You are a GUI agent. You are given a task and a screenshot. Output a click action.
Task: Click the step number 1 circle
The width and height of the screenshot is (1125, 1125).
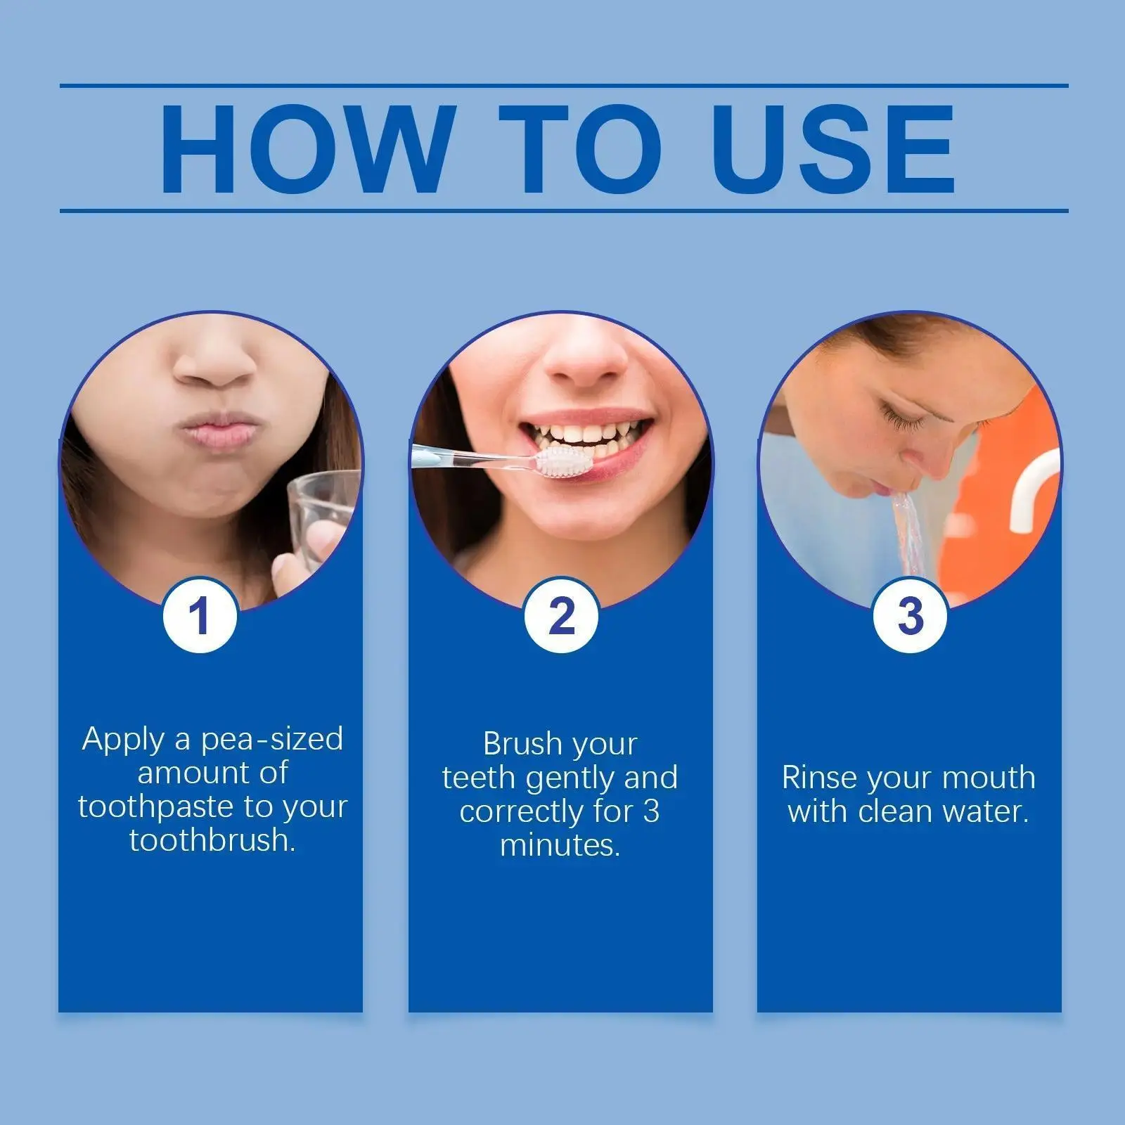coord(200,615)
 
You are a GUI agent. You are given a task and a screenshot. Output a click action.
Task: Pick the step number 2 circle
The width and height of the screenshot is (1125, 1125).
coord(561,615)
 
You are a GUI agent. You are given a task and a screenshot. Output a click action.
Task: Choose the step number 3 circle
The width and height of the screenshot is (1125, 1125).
coord(910,615)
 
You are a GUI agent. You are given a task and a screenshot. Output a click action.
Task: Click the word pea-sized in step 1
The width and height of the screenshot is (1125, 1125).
coord(272,740)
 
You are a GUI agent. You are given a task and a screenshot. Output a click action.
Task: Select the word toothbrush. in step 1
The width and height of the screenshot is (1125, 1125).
coord(212,840)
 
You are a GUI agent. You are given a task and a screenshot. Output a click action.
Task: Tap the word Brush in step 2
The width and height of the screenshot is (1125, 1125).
coord(523,744)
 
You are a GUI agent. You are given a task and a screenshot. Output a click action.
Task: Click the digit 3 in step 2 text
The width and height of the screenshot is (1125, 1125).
coord(651,811)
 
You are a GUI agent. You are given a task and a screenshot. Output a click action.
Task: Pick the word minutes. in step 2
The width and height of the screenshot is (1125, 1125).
coord(560,845)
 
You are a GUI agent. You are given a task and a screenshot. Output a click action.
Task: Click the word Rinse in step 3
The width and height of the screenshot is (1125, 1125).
coord(820,778)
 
